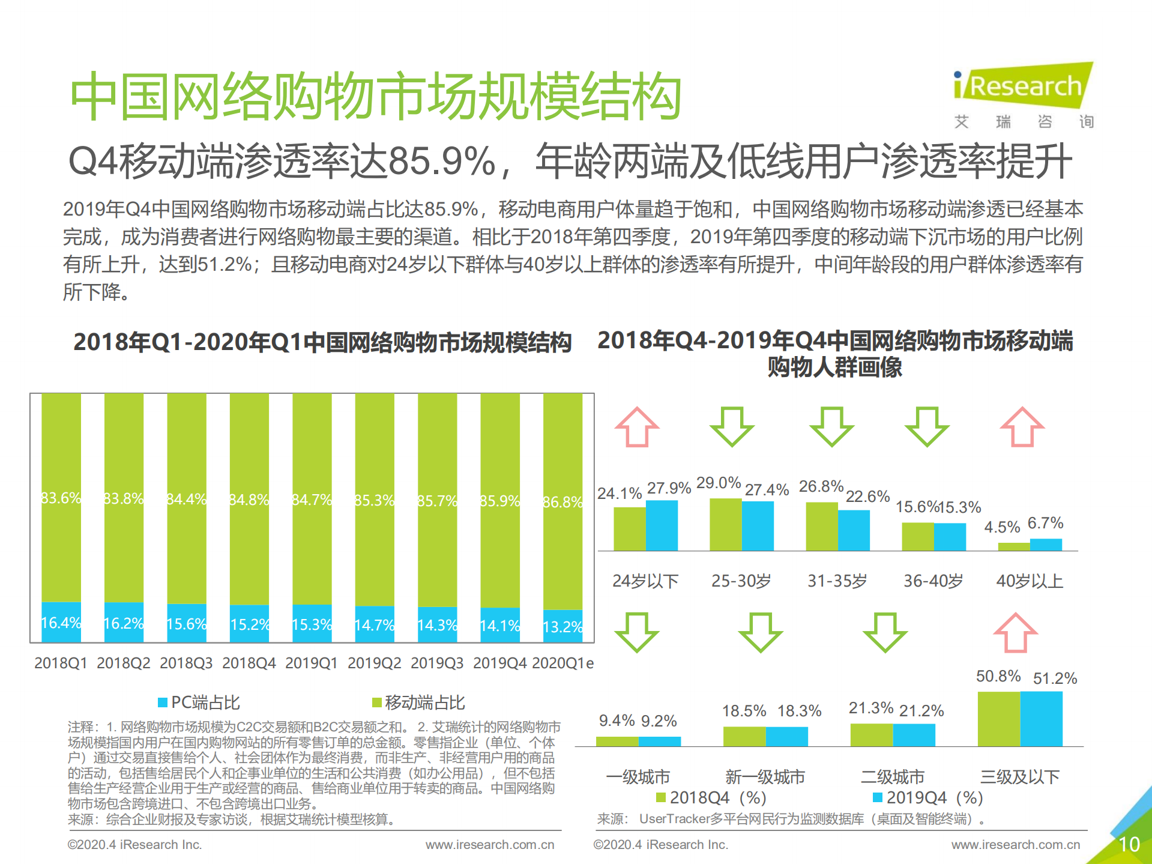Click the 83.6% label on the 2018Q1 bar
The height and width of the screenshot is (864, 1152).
click(x=61, y=498)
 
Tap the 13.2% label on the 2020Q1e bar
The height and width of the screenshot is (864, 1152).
click(x=562, y=627)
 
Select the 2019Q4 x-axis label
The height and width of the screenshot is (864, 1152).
click(x=499, y=663)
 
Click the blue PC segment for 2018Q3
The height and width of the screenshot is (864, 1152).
click(x=187, y=623)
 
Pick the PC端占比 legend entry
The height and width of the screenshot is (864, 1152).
click(x=199, y=702)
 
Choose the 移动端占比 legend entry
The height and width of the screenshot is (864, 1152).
click(x=418, y=702)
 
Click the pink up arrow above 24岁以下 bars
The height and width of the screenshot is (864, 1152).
click(x=637, y=427)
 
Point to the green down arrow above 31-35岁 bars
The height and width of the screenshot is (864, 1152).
click(x=831, y=427)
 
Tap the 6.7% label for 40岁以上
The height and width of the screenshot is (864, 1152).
click(x=1045, y=523)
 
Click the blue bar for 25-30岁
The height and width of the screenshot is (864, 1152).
click(x=758, y=526)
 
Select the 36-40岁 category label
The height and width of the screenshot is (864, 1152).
click(x=933, y=581)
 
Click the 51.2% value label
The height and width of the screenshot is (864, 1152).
click(x=1055, y=678)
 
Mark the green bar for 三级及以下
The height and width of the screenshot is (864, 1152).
click(x=998, y=719)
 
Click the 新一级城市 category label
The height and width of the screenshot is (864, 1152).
click(x=765, y=777)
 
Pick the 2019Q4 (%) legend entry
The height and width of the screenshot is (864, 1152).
click(x=927, y=797)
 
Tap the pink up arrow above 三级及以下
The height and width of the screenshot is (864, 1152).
click(x=1015, y=633)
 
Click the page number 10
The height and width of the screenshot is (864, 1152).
click(x=1129, y=844)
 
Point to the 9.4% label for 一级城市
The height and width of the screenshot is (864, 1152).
click(x=617, y=720)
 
